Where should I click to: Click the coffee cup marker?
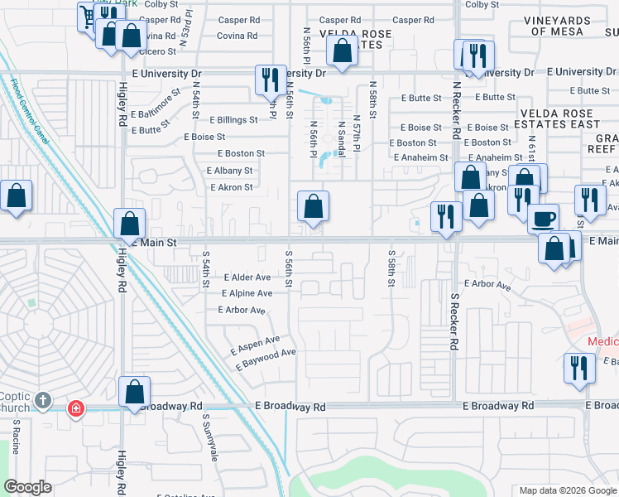click(x=543, y=219)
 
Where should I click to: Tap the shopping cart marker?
click(x=88, y=16)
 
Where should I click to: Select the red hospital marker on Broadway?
click(x=76, y=408)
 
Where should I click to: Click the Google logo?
click(x=29, y=487)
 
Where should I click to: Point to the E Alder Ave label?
click(x=246, y=277)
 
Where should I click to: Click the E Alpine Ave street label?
click(x=247, y=293)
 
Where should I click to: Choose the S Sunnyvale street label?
click(x=209, y=437)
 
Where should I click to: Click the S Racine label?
click(x=17, y=436)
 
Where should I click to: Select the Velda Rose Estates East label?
click(x=560, y=118)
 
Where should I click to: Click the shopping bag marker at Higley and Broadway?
click(x=135, y=393)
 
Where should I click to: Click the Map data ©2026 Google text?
click(x=567, y=490)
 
